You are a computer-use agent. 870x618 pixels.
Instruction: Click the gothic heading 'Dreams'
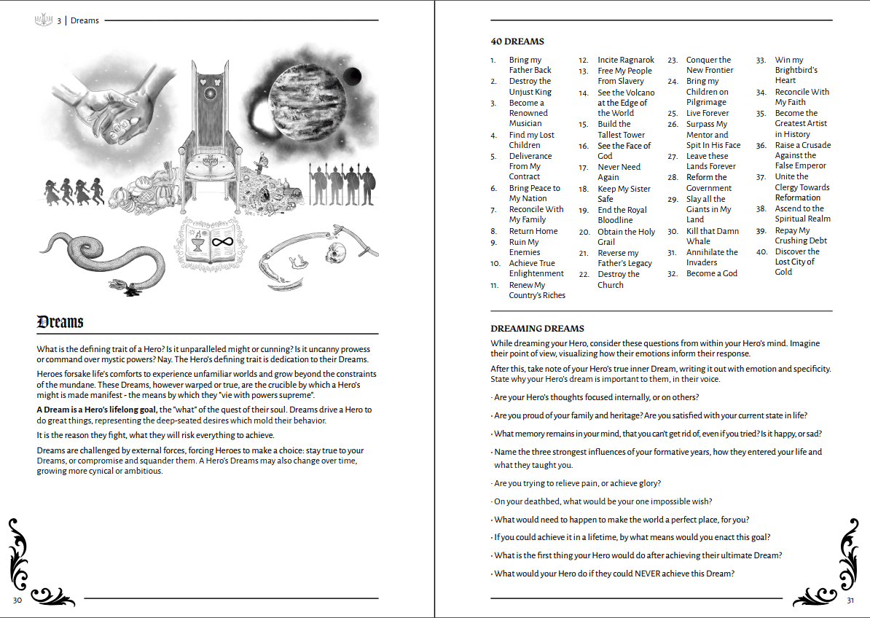[x=60, y=321]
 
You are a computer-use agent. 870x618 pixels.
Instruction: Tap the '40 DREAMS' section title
[x=517, y=42]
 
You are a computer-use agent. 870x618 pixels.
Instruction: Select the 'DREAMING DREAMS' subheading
[x=537, y=329]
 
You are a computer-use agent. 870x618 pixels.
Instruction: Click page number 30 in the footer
[x=17, y=599]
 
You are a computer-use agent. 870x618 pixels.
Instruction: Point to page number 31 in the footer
[x=850, y=600]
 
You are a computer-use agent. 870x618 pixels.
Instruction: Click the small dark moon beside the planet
[x=353, y=74]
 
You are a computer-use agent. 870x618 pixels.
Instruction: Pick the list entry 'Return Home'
[x=533, y=231]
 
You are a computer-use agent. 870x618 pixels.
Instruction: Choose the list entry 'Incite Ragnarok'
[x=626, y=60]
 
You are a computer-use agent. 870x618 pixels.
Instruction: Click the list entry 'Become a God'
[x=711, y=273]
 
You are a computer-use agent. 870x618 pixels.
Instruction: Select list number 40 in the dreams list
[x=761, y=251]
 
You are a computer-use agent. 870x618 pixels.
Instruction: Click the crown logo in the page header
[x=44, y=20]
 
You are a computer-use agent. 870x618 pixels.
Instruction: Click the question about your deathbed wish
[x=603, y=501]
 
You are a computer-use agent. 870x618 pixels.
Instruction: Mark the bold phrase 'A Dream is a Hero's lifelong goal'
[x=97, y=410]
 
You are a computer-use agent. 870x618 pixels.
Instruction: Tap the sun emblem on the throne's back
[x=213, y=93]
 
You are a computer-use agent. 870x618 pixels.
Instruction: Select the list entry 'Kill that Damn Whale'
[x=712, y=236]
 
